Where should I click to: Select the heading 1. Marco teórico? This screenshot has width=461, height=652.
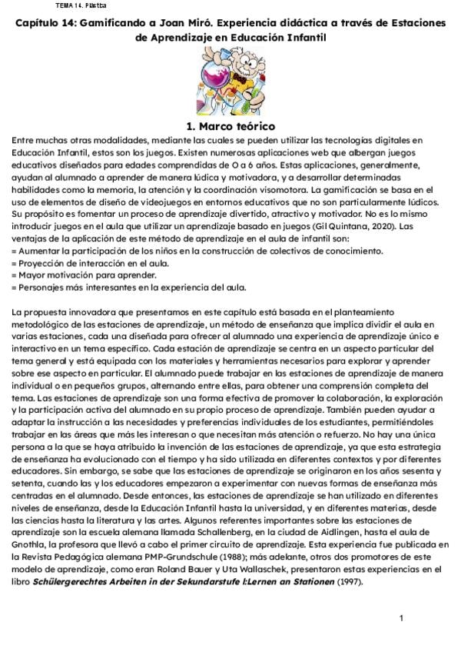click(231, 126)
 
